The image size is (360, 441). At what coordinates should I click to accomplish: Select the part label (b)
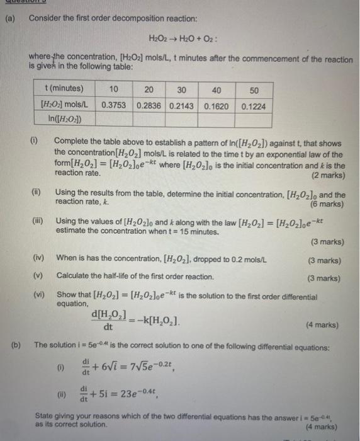coord(17,345)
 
